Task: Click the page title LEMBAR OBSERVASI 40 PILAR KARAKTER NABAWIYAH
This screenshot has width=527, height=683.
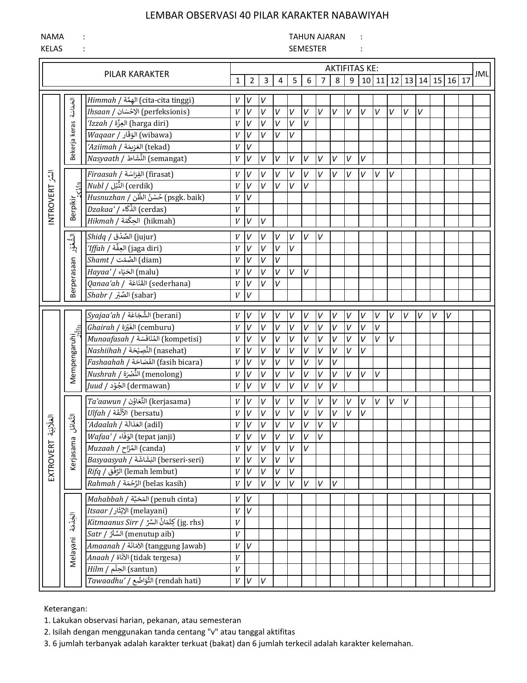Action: (x=267, y=15)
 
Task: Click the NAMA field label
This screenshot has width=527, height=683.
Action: (x=52, y=36)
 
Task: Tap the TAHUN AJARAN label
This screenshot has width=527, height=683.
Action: (x=317, y=36)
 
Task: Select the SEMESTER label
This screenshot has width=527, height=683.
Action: (x=307, y=48)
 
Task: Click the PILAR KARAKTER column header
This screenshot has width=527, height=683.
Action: (x=136, y=74)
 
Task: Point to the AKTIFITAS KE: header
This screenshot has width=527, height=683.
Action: (x=351, y=68)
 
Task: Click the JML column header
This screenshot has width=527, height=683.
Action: (x=481, y=74)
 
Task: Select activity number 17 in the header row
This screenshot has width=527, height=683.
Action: (x=465, y=80)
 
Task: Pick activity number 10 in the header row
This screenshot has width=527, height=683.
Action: (x=366, y=80)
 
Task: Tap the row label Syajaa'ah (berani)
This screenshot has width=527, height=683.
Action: (x=134, y=315)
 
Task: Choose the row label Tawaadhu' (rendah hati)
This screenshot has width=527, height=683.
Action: (x=144, y=581)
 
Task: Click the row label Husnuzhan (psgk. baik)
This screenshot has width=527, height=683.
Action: (x=145, y=197)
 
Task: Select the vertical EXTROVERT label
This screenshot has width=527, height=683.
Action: (x=51, y=448)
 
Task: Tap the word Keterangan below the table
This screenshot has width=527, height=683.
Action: (x=65, y=608)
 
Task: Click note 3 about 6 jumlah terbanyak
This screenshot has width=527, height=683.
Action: (x=229, y=643)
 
